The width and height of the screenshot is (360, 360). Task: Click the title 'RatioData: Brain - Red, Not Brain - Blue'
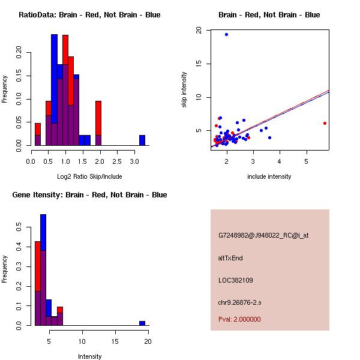[89, 14]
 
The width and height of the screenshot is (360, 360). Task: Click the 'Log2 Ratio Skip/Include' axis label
[89, 176]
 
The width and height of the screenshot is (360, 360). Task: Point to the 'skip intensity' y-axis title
[185, 90]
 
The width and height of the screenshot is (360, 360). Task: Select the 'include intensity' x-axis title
[269, 176]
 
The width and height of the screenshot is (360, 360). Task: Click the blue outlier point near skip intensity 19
[226, 34]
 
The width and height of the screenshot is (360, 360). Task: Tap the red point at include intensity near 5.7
[325, 123]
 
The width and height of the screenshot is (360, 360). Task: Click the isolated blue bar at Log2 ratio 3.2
[142, 140]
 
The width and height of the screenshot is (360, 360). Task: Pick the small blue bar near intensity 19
[142, 323]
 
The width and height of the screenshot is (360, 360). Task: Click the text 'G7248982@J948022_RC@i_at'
[263, 236]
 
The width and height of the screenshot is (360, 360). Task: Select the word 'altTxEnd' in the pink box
[230, 258]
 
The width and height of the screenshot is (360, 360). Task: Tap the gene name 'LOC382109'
[236, 280]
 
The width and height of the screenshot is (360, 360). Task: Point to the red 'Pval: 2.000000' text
[239, 319]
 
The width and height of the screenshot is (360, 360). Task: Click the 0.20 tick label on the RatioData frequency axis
[19, 52]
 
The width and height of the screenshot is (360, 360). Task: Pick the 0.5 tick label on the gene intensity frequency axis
[19, 227]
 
